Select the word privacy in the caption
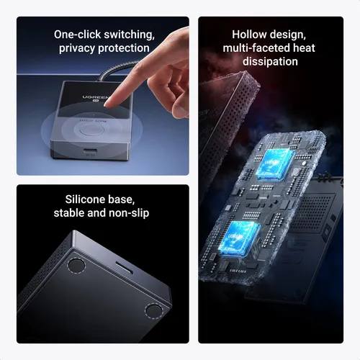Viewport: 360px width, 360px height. pos(78,48)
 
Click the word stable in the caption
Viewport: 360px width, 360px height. pos(70,214)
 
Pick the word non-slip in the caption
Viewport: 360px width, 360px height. pos(129,214)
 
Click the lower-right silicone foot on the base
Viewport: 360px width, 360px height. pos(153,311)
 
